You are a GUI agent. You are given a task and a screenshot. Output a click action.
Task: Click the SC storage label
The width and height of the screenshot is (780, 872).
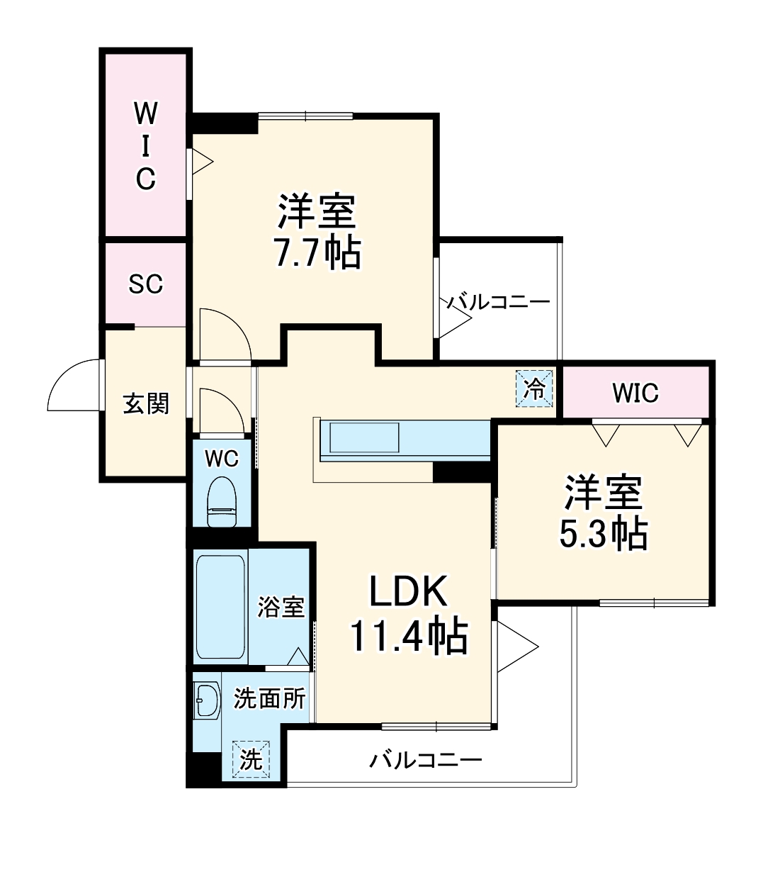pos(146,284)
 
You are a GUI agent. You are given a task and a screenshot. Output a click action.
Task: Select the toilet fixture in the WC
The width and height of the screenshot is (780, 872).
pos(222,501)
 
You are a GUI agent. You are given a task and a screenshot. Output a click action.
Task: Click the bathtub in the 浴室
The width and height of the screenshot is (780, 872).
pos(220,607)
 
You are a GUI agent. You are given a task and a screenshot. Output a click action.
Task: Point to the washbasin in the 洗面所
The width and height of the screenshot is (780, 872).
pos(207,701)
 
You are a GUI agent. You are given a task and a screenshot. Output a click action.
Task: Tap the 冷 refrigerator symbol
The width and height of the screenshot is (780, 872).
pos(534,389)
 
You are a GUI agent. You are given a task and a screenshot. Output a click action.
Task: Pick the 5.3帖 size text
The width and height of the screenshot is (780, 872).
pos(604,534)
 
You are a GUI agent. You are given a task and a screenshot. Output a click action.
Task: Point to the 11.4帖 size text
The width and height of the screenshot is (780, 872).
pos(408,635)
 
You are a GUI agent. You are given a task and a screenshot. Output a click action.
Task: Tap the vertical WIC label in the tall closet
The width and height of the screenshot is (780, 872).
pos(146,145)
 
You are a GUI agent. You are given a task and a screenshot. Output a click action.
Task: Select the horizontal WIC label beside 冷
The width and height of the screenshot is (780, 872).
pos(635,392)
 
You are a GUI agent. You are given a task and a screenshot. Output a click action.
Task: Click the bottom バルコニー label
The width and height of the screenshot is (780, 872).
pos(425,761)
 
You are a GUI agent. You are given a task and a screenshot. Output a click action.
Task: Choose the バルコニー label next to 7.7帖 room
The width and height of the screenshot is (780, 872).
pos(498,303)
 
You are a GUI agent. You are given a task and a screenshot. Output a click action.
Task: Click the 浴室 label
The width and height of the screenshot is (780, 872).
pos(281,606)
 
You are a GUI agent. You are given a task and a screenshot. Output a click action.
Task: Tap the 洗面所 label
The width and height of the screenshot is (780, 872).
pos(269,699)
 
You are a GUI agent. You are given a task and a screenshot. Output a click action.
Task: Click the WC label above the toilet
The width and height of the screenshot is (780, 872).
pos(222,459)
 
